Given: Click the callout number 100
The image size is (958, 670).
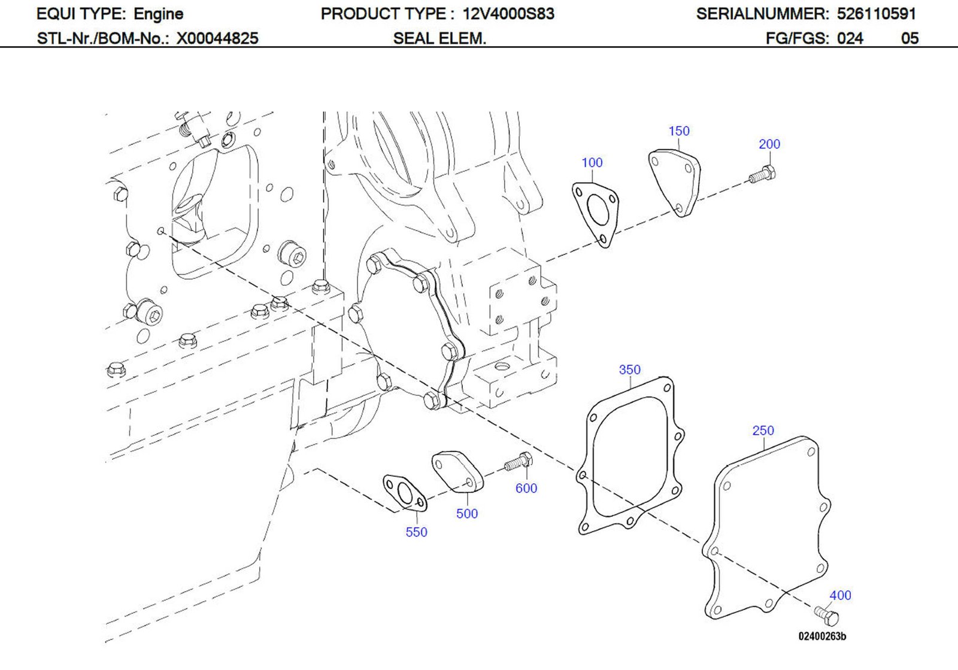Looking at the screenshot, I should [592, 163].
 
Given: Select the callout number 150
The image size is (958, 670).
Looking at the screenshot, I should [678, 131].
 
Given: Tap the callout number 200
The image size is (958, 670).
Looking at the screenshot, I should [769, 144].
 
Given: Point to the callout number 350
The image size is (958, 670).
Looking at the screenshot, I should [629, 370].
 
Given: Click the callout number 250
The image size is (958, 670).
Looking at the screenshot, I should [763, 431].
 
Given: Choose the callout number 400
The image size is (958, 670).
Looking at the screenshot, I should [839, 596].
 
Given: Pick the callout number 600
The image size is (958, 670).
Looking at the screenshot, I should [526, 489].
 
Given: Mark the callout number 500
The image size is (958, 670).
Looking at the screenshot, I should [466, 514].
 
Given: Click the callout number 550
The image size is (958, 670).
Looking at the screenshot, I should [416, 532].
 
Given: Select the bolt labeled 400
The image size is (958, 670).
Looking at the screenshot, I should [827, 615].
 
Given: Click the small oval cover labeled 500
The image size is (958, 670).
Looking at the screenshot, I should [457, 471].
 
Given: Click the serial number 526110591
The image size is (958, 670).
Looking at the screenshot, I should [876, 14].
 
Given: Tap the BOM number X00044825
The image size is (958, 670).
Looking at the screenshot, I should [217, 39].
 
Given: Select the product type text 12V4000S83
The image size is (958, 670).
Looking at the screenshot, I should [508, 14].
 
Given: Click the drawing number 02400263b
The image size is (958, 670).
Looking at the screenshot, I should [821, 636].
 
